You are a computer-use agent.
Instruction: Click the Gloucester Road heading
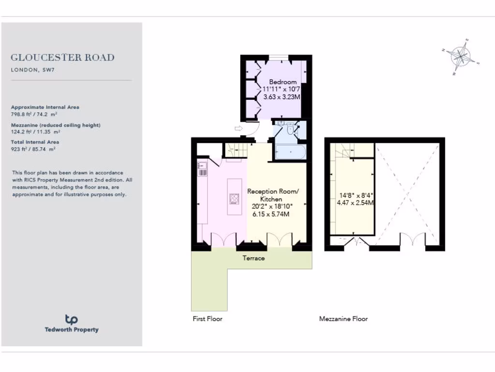click(x=62, y=58)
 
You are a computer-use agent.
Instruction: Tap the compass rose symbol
click(x=461, y=57)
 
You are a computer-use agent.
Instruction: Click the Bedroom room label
click(x=283, y=82)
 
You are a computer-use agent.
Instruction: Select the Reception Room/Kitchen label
click(x=273, y=195)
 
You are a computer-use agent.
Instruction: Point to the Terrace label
click(x=254, y=258)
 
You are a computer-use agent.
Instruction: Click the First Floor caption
click(x=207, y=319)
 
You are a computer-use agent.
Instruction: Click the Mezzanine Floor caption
click(x=343, y=319)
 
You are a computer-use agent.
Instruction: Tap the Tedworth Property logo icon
click(x=72, y=319)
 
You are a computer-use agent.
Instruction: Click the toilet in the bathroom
click(x=290, y=129)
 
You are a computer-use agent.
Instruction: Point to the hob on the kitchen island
click(x=234, y=199)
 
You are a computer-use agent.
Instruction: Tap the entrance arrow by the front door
click(x=239, y=128)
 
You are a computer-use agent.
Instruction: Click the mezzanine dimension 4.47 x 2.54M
click(x=356, y=203)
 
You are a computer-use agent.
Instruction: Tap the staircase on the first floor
click(x=236, y=149)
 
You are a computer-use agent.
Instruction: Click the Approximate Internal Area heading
click(x=45, y=107)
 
